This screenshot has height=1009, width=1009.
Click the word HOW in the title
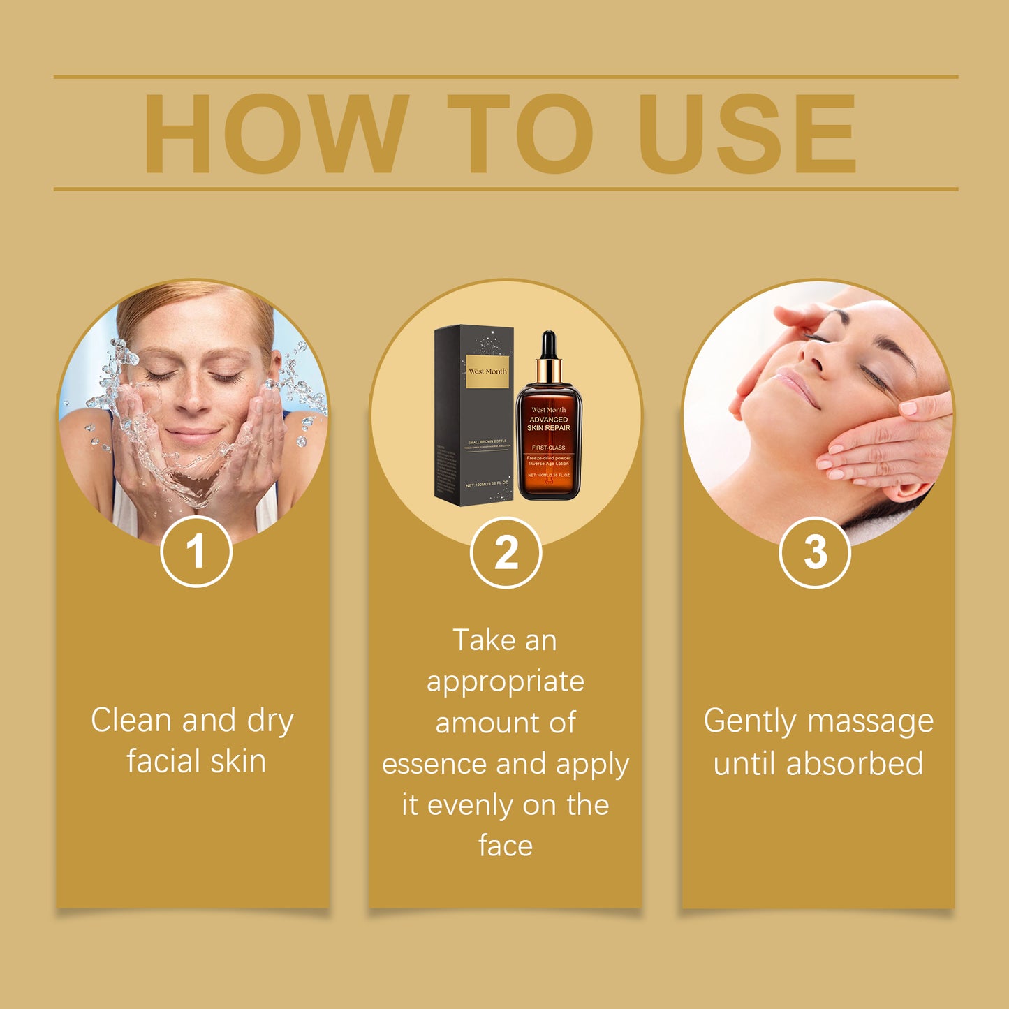coord(275,133)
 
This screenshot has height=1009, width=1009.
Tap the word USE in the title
coord(746,133)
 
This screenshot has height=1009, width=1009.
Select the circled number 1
coord(196,552)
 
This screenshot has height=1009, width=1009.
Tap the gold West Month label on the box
coord(487,371)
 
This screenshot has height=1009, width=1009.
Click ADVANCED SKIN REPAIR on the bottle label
coord(549,424)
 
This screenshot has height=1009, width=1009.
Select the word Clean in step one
coord(132,720)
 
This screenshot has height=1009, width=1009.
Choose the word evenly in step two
coord(471,806)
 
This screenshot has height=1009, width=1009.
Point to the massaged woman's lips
coord(795,387)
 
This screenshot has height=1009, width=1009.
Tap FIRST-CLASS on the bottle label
coord(549,448)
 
